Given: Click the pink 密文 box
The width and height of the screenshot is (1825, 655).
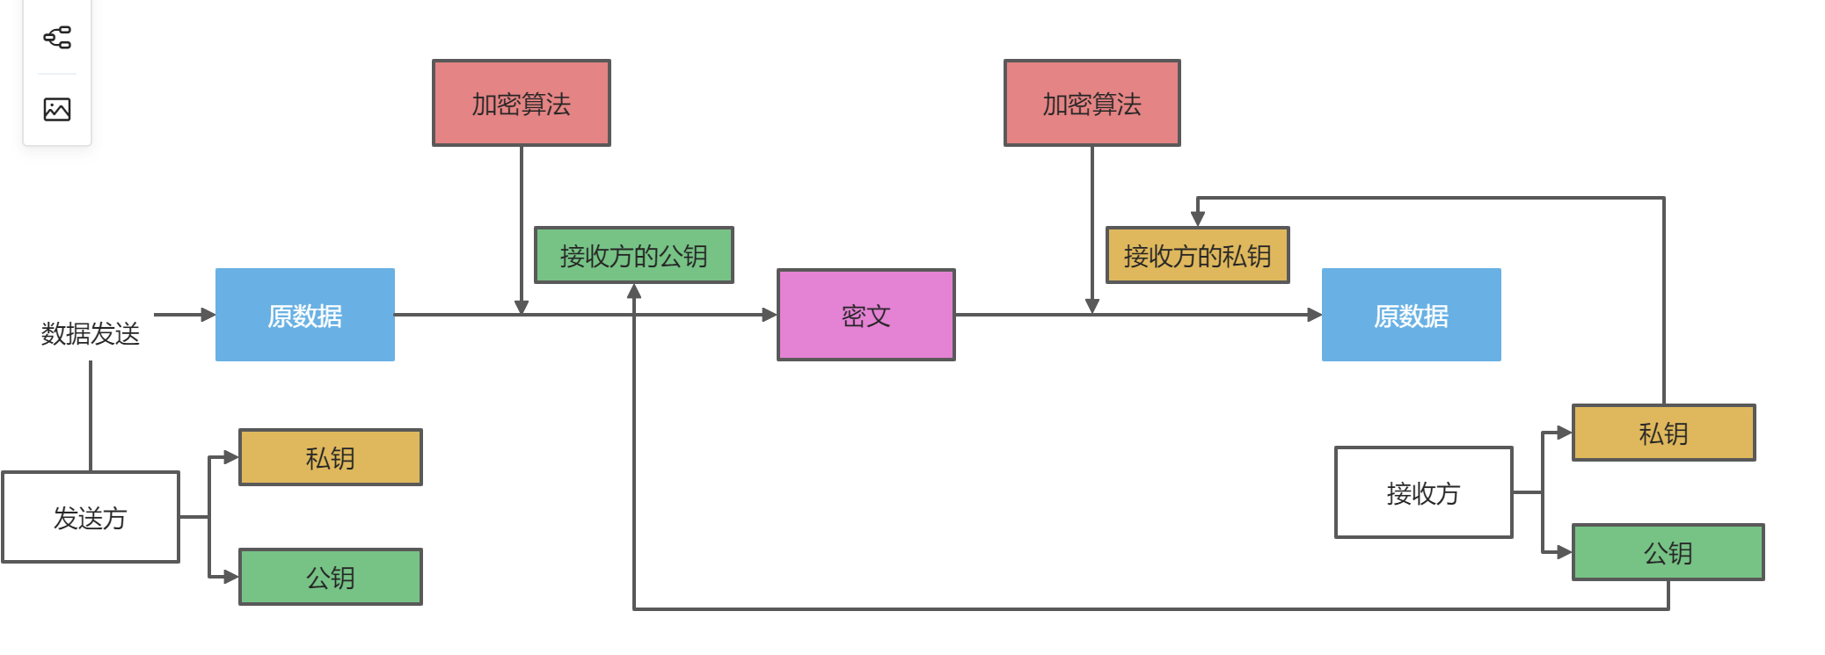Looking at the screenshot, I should pyautogui.click(x=865, y=315).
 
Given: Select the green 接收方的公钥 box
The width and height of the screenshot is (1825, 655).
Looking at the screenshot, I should pyautogui.click(x=633, y=255).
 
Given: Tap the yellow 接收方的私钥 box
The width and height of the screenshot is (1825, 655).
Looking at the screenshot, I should pyautogui.click(x=1197, y=255).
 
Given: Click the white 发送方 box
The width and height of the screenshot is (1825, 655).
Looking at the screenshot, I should pyautogui.click(x=91, y=517).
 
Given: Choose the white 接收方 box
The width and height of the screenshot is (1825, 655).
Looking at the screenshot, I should pyautogui.click(x=1423, y=492).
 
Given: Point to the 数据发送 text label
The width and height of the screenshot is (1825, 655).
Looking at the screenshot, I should pyautogui.click(x=91, y=333).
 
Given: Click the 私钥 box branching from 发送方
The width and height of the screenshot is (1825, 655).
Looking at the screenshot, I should pyautogui.click(x=330, y=457).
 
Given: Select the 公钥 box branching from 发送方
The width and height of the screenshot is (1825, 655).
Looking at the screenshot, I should pyautogui.click(x=330, y=577).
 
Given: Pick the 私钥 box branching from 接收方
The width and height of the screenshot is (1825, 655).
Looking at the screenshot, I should pyautogui.click(x=1662, y=433).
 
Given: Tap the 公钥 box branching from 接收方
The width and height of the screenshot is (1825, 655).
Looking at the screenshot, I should pyautogui.click(x=1668, y=552).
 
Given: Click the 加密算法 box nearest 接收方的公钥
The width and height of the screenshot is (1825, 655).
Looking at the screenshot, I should pyautogui.click(x=521, y=103).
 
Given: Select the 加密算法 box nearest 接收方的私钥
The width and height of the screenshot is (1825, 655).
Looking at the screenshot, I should pyautogui.click(x=1091, y=103).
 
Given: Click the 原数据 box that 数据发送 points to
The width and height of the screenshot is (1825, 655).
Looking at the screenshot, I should pyautogui.click(x=304, y=315).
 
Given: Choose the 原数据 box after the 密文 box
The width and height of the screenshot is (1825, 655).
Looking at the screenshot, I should pyautogui.click(x=1411, y=315).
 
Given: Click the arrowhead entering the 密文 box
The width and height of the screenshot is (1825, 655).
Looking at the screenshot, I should pyautogui.click(x=770, y=315).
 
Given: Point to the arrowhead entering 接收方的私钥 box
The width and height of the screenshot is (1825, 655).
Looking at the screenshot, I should pyautogui.click(x=1197, y=218).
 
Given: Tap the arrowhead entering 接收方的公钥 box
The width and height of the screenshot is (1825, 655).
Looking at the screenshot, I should pyautogui.click(x=633, y=292).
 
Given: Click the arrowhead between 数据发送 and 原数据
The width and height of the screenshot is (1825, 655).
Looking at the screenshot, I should pyautogui.click(x=208, y=315).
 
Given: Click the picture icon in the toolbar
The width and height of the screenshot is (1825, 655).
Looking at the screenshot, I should pyautogui.click(x=57, y=109).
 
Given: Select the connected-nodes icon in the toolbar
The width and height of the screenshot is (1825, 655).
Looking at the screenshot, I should pyautogui.click(x=57, y=37).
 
